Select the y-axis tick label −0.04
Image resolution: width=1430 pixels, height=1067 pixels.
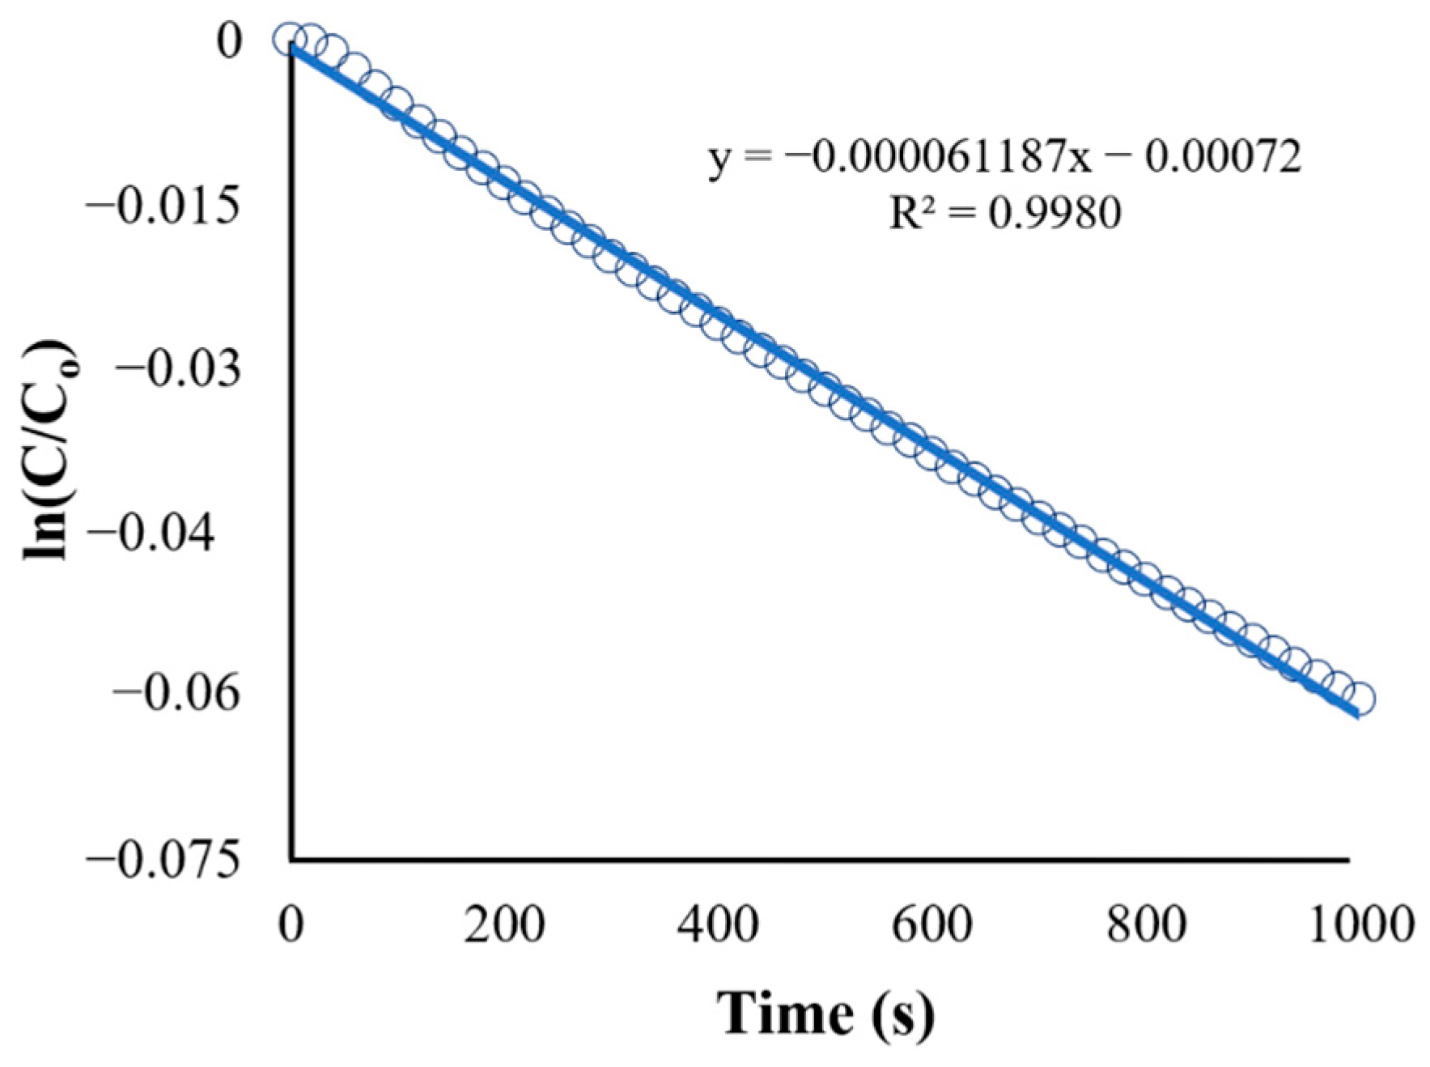coord(151,534)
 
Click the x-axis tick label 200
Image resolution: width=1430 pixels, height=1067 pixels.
coord(504,924)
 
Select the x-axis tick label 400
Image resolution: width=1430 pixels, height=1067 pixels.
coord(718,924)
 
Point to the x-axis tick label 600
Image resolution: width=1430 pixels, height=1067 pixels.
coord(931,924)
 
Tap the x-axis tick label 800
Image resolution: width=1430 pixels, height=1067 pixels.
coord(1146,924)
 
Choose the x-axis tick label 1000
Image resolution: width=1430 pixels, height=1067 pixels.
coord(1360,924)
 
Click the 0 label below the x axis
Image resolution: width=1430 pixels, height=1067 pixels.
coord(291,924)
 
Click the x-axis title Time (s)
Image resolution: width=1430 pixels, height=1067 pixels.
coord(825,1013)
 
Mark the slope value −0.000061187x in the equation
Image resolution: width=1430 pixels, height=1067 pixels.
coord(938,156)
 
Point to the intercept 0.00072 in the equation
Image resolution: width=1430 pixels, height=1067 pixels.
coord(1223,156)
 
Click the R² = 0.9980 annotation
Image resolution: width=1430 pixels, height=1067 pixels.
coord(1005,213)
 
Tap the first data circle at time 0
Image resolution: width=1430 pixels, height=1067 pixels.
coord(289,38)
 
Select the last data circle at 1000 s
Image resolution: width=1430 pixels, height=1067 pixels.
coord(1360,699)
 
